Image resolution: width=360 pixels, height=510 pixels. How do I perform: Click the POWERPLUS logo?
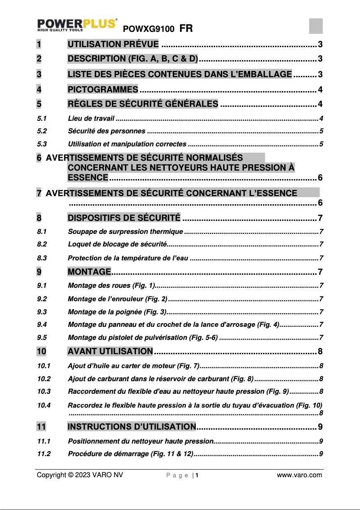[x=77, y=25]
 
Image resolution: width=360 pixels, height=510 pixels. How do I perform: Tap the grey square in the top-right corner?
[x=316, y=26]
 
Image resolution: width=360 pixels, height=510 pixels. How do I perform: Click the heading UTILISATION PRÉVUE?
[x=113, y=44]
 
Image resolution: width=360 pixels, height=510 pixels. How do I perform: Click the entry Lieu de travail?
[x=91, y=119]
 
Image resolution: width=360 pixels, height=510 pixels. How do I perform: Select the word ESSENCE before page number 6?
[x=88, y=177]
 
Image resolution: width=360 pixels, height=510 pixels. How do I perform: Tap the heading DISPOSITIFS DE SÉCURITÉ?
[x=124, y=219]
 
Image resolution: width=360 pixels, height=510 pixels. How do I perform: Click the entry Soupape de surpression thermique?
[x=125, y=232]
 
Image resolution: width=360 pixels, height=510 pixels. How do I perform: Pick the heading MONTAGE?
[x=89, y=272]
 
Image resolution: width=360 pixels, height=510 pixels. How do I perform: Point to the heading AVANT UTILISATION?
[x=110, y=351]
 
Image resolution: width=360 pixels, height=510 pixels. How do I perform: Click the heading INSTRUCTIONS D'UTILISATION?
[x=132, y=426]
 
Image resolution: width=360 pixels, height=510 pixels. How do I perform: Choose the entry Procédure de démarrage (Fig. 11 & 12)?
[x=130, y=453]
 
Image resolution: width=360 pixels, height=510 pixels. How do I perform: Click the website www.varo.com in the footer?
[x=299, y=475]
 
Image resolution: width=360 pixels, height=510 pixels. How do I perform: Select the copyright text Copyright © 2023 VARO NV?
[x=79, y=475]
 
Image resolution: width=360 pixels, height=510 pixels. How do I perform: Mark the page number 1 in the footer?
[x=197, y=476]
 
